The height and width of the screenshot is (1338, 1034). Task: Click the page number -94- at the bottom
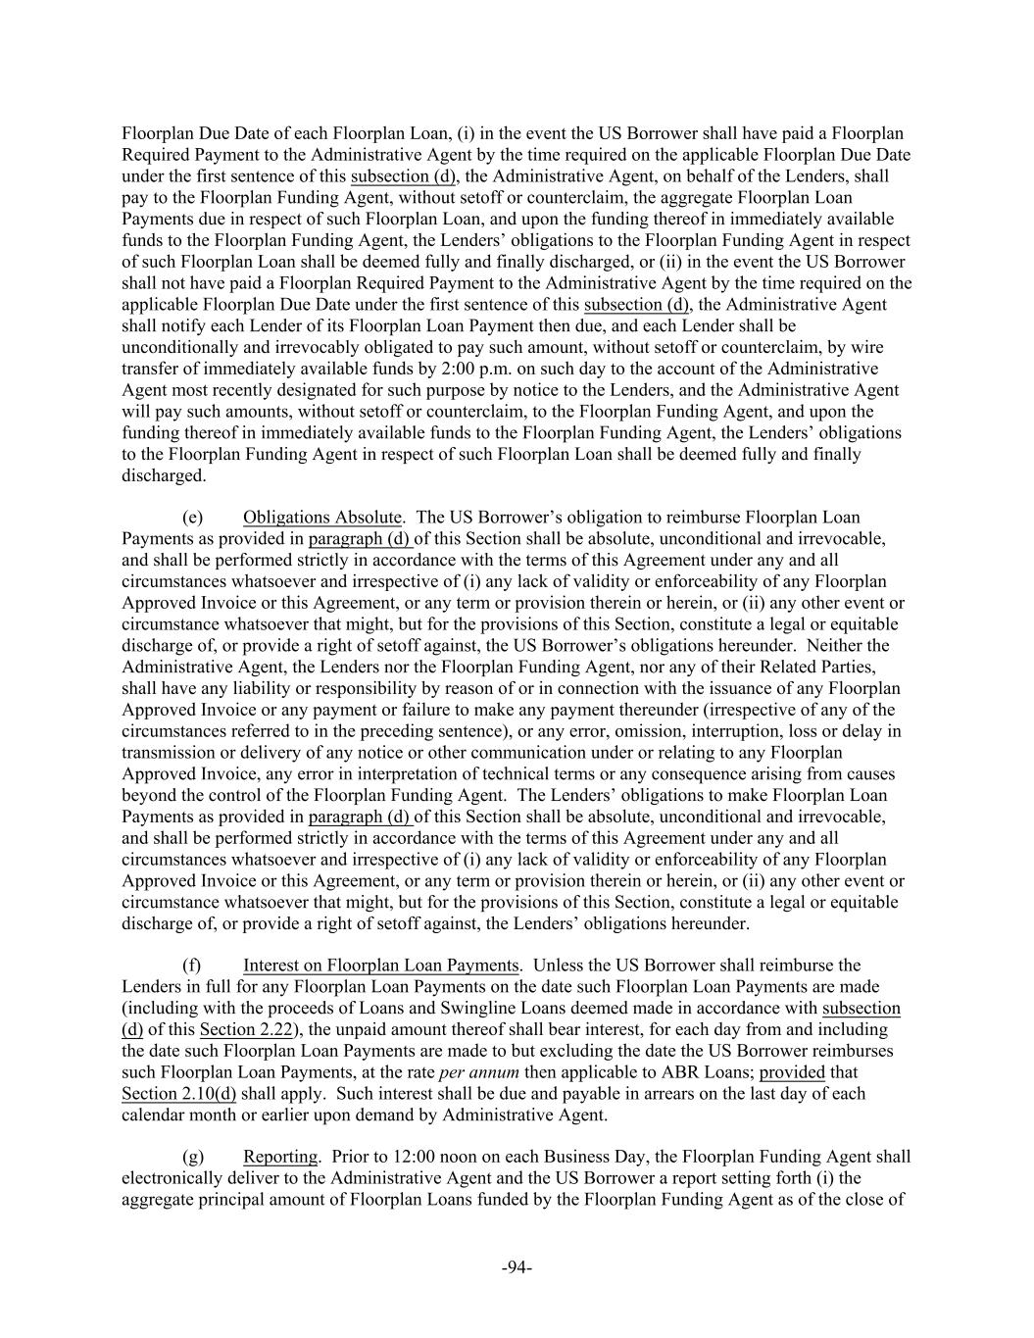517,1267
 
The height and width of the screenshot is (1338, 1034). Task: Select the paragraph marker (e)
193,517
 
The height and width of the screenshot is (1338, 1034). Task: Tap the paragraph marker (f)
193,966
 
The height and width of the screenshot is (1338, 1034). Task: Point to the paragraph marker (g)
193,1157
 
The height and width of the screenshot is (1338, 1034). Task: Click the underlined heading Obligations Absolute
322,517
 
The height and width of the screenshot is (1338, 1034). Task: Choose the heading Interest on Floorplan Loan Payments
381,966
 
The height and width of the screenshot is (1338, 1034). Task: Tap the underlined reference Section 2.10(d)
178,1093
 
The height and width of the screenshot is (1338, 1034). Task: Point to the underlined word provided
792,1071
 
